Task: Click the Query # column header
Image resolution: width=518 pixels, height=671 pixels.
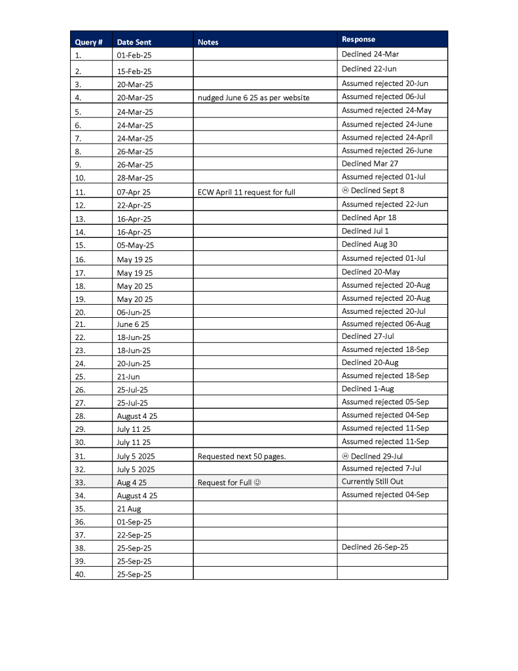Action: click(88, 42)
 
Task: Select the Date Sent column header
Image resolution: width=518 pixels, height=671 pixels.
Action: click(134, 42)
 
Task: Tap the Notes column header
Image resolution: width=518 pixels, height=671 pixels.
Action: click(208, 42)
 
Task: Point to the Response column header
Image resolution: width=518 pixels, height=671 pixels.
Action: click(359, 39)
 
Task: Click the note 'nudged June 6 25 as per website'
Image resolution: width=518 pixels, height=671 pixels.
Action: click(253, 98)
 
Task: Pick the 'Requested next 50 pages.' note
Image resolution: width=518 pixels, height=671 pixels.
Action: click(242, 456)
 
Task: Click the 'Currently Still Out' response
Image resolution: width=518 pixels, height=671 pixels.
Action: click(373, 482)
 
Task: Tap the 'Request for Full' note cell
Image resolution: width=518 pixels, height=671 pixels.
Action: click(229, 482)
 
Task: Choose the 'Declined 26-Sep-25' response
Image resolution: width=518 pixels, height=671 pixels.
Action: click(375, 547)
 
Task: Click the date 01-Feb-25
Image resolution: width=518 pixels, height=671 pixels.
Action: click(134, 56)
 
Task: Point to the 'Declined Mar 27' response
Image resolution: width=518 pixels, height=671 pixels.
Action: click(370, 164)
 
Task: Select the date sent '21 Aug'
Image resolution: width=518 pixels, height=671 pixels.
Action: click(129, 508)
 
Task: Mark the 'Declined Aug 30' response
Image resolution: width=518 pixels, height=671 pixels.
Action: click(369, 244)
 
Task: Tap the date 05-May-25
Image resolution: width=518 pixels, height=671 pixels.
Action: click(136, 245)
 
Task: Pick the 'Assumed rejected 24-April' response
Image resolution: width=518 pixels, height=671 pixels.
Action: click(387, 138)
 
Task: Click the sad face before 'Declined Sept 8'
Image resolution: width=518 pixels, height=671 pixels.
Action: click(345, 191)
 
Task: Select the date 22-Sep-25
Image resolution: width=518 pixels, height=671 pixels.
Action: click(134, 535)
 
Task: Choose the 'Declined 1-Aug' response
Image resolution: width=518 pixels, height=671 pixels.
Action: click(368, 389)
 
